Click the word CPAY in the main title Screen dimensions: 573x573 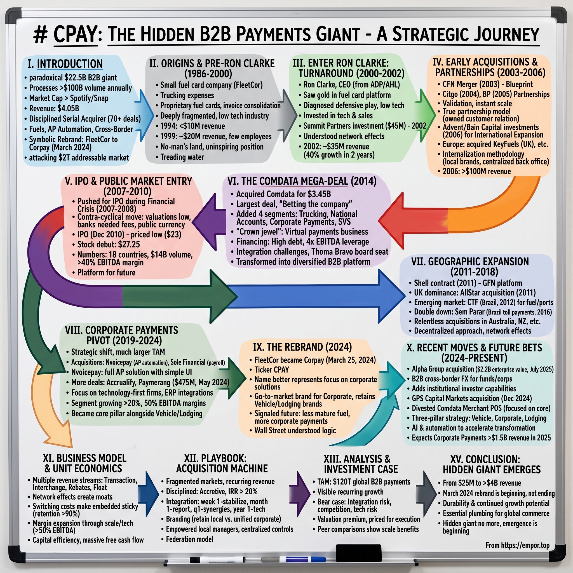(x=75, y=35)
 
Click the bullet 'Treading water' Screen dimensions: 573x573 (x=182, y=157)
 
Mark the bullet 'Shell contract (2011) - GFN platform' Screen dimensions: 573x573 (x=468, y=283)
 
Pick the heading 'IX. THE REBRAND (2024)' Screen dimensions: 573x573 (x=302, y=347)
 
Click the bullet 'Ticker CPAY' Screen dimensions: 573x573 (x=271, y=370)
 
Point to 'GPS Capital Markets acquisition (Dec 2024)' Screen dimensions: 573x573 (x=471, y=398)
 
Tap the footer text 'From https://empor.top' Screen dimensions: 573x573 (x=517, y=545)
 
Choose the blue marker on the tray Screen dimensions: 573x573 (x=297, y=560)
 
